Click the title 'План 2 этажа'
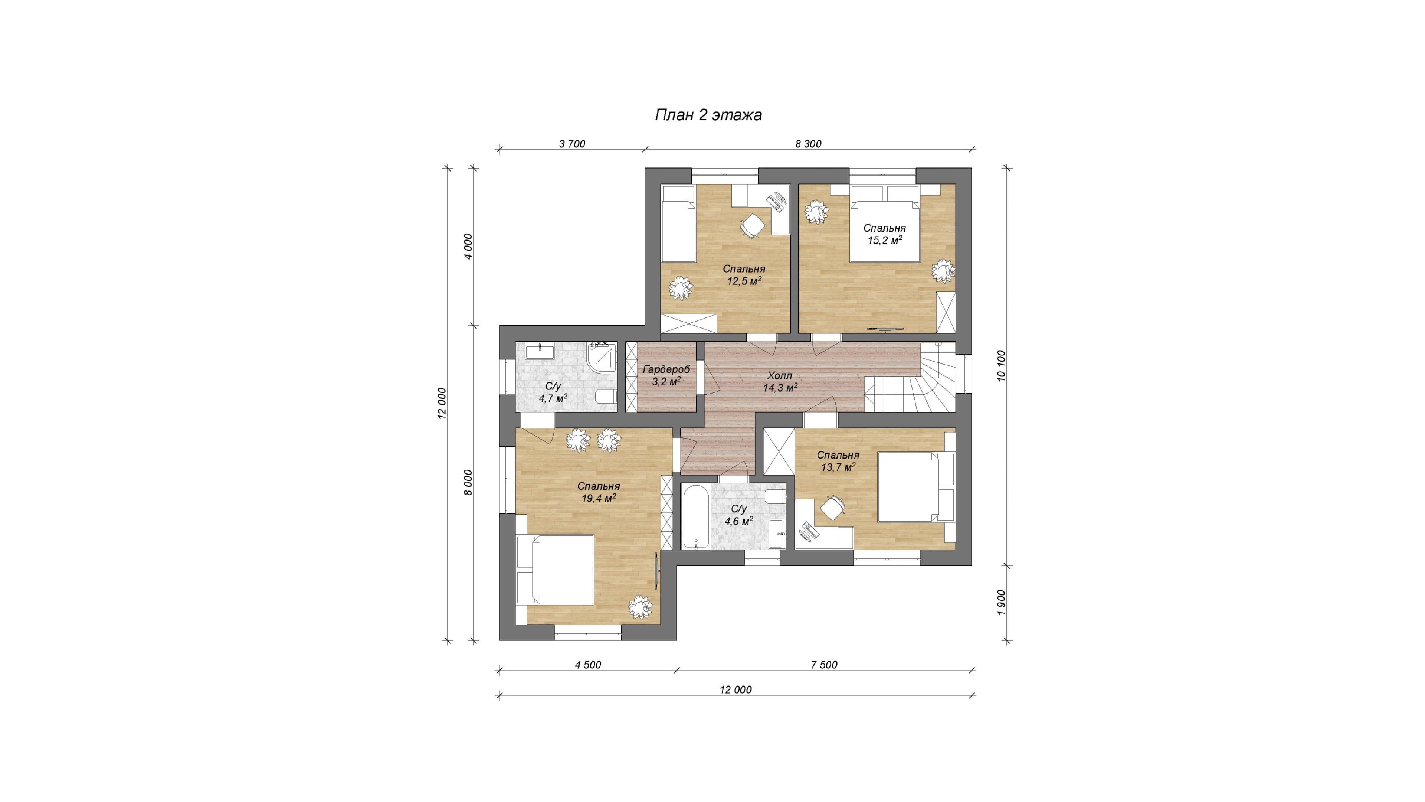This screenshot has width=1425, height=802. click(708, 115)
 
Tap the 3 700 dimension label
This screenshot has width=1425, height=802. click(572, 144)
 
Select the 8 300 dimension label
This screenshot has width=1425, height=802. click(808, 144)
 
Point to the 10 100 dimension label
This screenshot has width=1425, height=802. click(1001, 365)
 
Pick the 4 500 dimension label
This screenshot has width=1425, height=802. click(587, 665)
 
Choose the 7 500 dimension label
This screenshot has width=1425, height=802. click(824, 665)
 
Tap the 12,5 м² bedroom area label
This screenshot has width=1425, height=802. click(744, 281)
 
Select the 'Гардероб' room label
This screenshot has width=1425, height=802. click(666, 369)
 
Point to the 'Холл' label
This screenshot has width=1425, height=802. click(780, 375)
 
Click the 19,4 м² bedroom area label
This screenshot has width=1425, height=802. click(599, 498)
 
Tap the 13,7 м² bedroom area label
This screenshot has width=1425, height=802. click(838, 467)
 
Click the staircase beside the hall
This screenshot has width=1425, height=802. click(910, 378)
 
